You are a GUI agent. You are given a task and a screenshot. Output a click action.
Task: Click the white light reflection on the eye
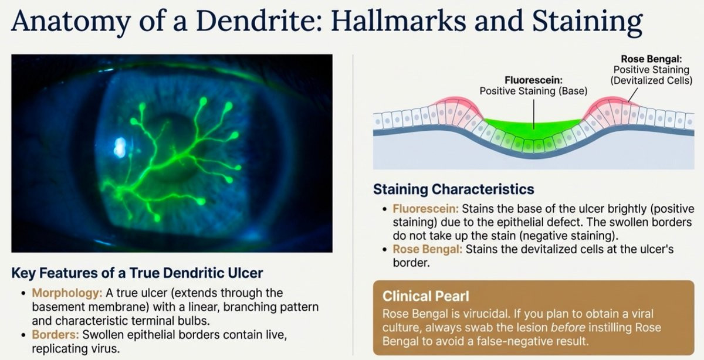(x=120, y=147)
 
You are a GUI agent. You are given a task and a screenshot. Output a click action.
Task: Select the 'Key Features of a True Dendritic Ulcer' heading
(x=137, y=273)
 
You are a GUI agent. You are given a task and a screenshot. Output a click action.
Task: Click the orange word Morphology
(x=67, y=293)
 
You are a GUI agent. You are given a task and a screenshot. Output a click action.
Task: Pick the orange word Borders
(x=55, y=335)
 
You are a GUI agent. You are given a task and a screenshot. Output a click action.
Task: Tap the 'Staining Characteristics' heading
(x=453, y=189)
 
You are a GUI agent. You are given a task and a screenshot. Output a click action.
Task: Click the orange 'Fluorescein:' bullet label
(x=425, y=209)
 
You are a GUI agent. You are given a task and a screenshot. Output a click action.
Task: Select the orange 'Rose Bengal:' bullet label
(x=428, y=249)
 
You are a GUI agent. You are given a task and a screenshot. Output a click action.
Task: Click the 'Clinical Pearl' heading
(x=425, y=296)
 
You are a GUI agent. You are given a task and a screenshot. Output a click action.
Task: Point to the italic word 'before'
(x=568, y=328)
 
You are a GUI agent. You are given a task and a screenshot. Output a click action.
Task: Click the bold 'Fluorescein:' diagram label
(x=533, y=80)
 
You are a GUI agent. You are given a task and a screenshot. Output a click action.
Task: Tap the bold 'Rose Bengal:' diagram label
(x=652, y=59)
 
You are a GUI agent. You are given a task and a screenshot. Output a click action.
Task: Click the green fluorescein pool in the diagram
(x=533, y=125)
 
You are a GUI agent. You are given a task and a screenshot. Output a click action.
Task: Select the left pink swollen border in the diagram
(x=456, y=108)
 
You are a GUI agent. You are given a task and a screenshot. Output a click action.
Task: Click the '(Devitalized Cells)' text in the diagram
(x=651, y=81)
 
